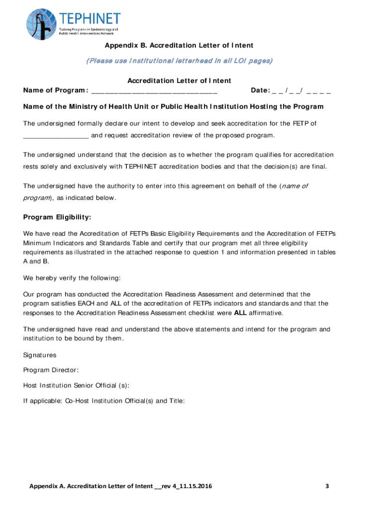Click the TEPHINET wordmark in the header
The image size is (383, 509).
(90, 19)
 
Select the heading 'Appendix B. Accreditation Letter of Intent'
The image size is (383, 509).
(179, 46)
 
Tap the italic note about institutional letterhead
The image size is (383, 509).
(179, 61)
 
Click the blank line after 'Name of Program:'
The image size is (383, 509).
(154, 90)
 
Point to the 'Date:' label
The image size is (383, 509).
(260, 90)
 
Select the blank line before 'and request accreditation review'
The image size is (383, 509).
(56, 136)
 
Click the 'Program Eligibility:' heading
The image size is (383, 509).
(57, 217)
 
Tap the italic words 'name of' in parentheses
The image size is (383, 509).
(294, 186)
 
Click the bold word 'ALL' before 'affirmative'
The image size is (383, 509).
(240, 313)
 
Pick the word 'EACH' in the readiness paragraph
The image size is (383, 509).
(88, 303)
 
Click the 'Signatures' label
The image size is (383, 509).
(40, 355)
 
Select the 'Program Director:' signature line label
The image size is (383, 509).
(51, 370)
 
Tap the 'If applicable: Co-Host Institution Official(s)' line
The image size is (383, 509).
(104, 400)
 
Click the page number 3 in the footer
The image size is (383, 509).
(327, 486)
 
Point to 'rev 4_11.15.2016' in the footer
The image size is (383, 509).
(187, 486)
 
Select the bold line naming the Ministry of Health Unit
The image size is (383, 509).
(173, 106)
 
